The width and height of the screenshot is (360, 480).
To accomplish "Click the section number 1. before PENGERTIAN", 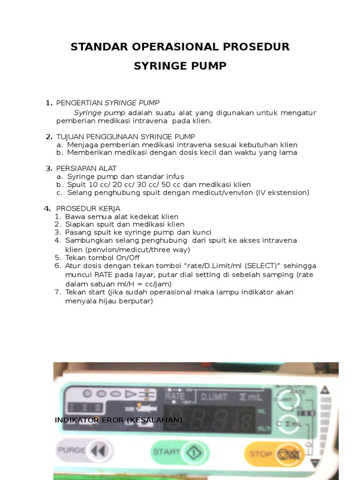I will click(49, 103).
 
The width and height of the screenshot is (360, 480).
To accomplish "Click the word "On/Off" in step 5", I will click(126, 257).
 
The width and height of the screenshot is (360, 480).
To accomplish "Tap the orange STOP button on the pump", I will click(273, 453).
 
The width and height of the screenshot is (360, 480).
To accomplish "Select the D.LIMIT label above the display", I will click(214, 397).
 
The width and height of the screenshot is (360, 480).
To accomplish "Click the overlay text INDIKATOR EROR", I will click(119, 420).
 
